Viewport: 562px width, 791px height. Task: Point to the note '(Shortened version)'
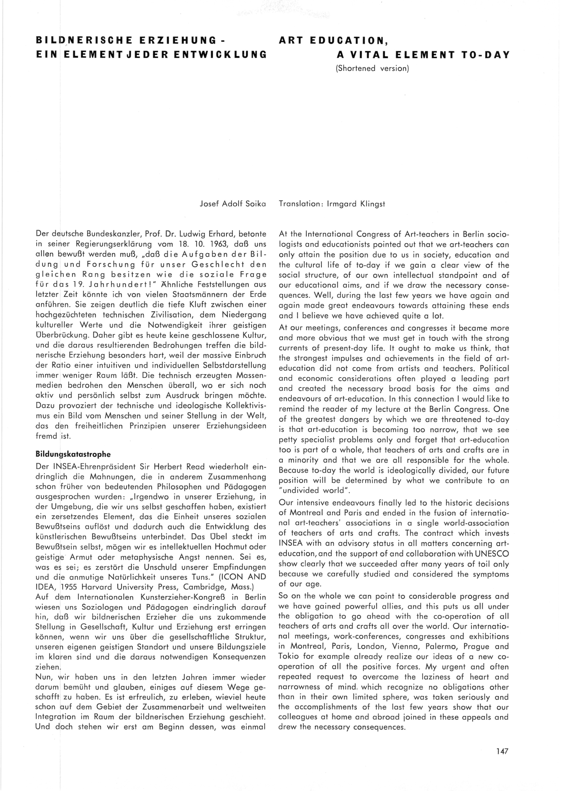[372, 68]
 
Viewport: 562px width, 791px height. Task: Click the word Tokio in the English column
[289, 657]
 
